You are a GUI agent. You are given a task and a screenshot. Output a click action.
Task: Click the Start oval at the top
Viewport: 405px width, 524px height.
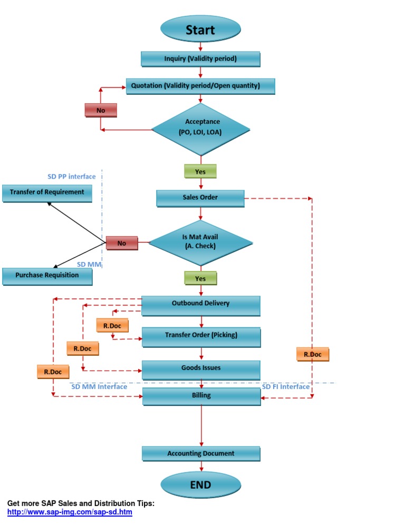(x=200, y=30)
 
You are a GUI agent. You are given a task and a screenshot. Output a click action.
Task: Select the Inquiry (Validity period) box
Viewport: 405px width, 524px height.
(x=200, y=59)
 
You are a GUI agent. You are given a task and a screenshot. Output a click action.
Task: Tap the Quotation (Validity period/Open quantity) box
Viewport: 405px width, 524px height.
(x=200, y=86)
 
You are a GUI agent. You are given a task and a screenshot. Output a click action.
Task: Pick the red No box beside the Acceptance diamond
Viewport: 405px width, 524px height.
(x=100, y=110)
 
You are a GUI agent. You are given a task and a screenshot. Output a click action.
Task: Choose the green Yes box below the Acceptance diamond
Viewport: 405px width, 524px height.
(x=200, y=171)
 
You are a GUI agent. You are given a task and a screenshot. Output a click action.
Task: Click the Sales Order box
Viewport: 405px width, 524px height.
(x=200, y=198)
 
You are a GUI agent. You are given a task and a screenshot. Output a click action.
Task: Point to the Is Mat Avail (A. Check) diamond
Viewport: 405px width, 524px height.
(x=200, y=242)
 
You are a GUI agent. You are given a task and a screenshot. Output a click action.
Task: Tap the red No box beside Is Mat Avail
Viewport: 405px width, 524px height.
(x=122, y=243)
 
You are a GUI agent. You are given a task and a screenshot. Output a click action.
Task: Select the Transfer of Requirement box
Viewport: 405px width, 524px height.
(x=47, y=192)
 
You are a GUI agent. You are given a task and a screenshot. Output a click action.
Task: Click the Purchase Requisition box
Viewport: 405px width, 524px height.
(x=47, y=275)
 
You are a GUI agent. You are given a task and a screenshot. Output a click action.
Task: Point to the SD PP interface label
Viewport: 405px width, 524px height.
(x=71, y=177)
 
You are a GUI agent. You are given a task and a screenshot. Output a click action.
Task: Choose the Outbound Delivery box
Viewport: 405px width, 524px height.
(x=200, y=304)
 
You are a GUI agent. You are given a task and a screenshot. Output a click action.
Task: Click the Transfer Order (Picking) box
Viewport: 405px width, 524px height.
(x=200, y=336)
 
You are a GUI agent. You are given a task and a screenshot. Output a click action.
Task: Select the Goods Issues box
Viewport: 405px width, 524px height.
(x=200, y=368)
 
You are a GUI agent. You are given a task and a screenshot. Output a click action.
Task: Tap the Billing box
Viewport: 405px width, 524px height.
(x=201, y=396)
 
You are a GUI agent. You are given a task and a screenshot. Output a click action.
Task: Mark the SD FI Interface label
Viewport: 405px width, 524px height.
(x=286, y=387)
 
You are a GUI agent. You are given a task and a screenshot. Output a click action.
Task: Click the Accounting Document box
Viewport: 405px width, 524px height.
(x=200, y=454)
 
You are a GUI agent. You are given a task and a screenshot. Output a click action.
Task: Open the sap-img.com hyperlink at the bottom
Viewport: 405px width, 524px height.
(x=70, y=512)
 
